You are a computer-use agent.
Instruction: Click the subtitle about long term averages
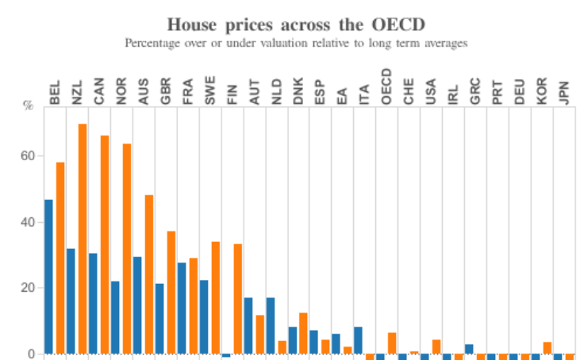296,43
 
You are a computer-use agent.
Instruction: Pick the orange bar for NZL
82,238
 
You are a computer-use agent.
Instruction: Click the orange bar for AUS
148,274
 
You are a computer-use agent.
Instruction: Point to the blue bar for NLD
271,325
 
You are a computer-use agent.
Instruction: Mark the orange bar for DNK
304,333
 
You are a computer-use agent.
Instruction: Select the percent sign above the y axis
29,106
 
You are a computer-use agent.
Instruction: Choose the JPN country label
564,90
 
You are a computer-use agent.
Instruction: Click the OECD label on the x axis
386,86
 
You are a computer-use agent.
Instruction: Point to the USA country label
431,90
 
